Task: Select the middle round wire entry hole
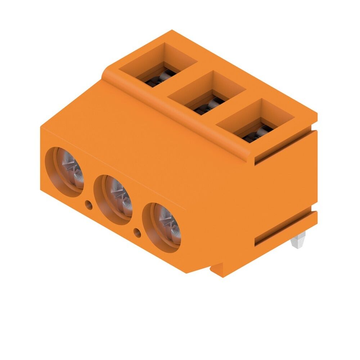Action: click(x=113, y=200)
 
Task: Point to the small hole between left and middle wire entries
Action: click(x=88, y=205)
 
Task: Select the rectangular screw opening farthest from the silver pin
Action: click(x=158, y=65)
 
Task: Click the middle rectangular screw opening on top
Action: click(x=207, y=93)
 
